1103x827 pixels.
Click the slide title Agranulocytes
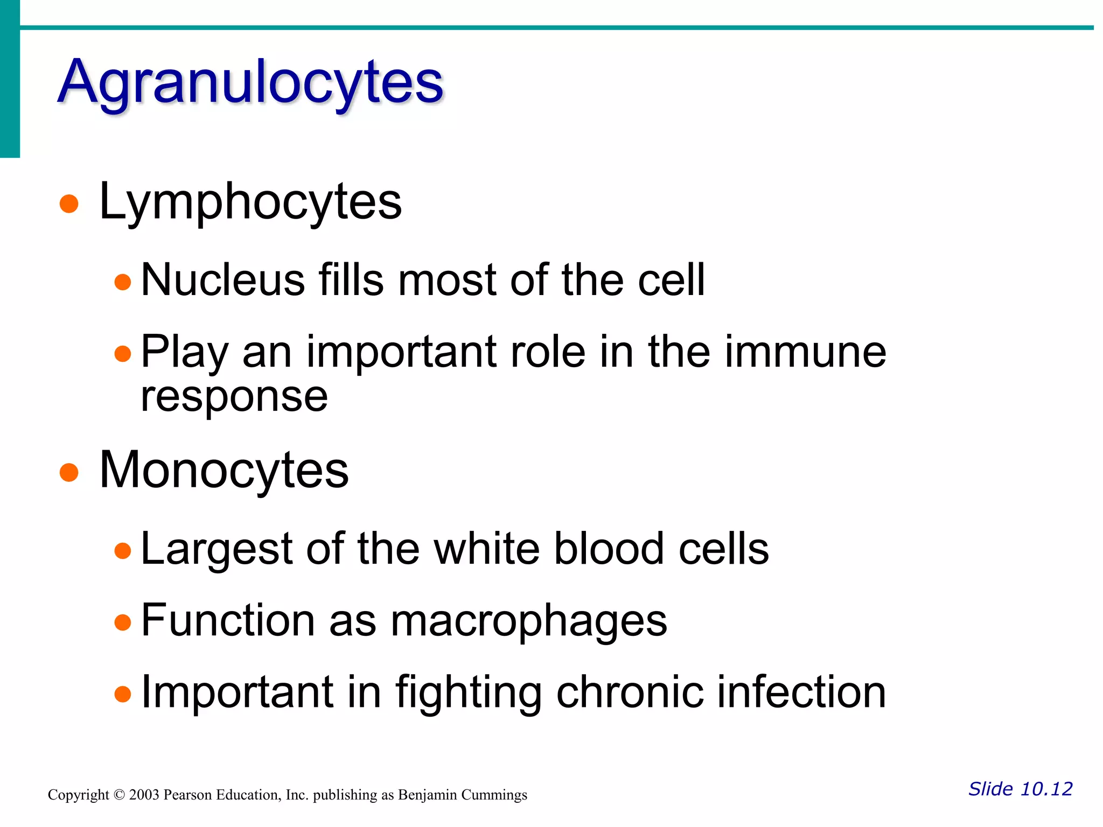click(x=250, y=82)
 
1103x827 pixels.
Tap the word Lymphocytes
click(x=250, y=201)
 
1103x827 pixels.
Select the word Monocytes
click(x=224, y=470)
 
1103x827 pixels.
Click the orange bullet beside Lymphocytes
click(x=69, y=204)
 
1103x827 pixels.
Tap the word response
click(x=234, y=397)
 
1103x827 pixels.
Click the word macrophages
click(x=529, y=620)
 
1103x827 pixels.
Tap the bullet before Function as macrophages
click(x=123, y=622)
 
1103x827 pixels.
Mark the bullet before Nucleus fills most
click(x=123, y=282)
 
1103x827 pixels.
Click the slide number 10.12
click(x=1046, y=789)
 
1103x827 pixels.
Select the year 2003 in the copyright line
click(x=144, y=795)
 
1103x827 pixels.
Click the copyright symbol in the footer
click(x=119, y=795)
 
